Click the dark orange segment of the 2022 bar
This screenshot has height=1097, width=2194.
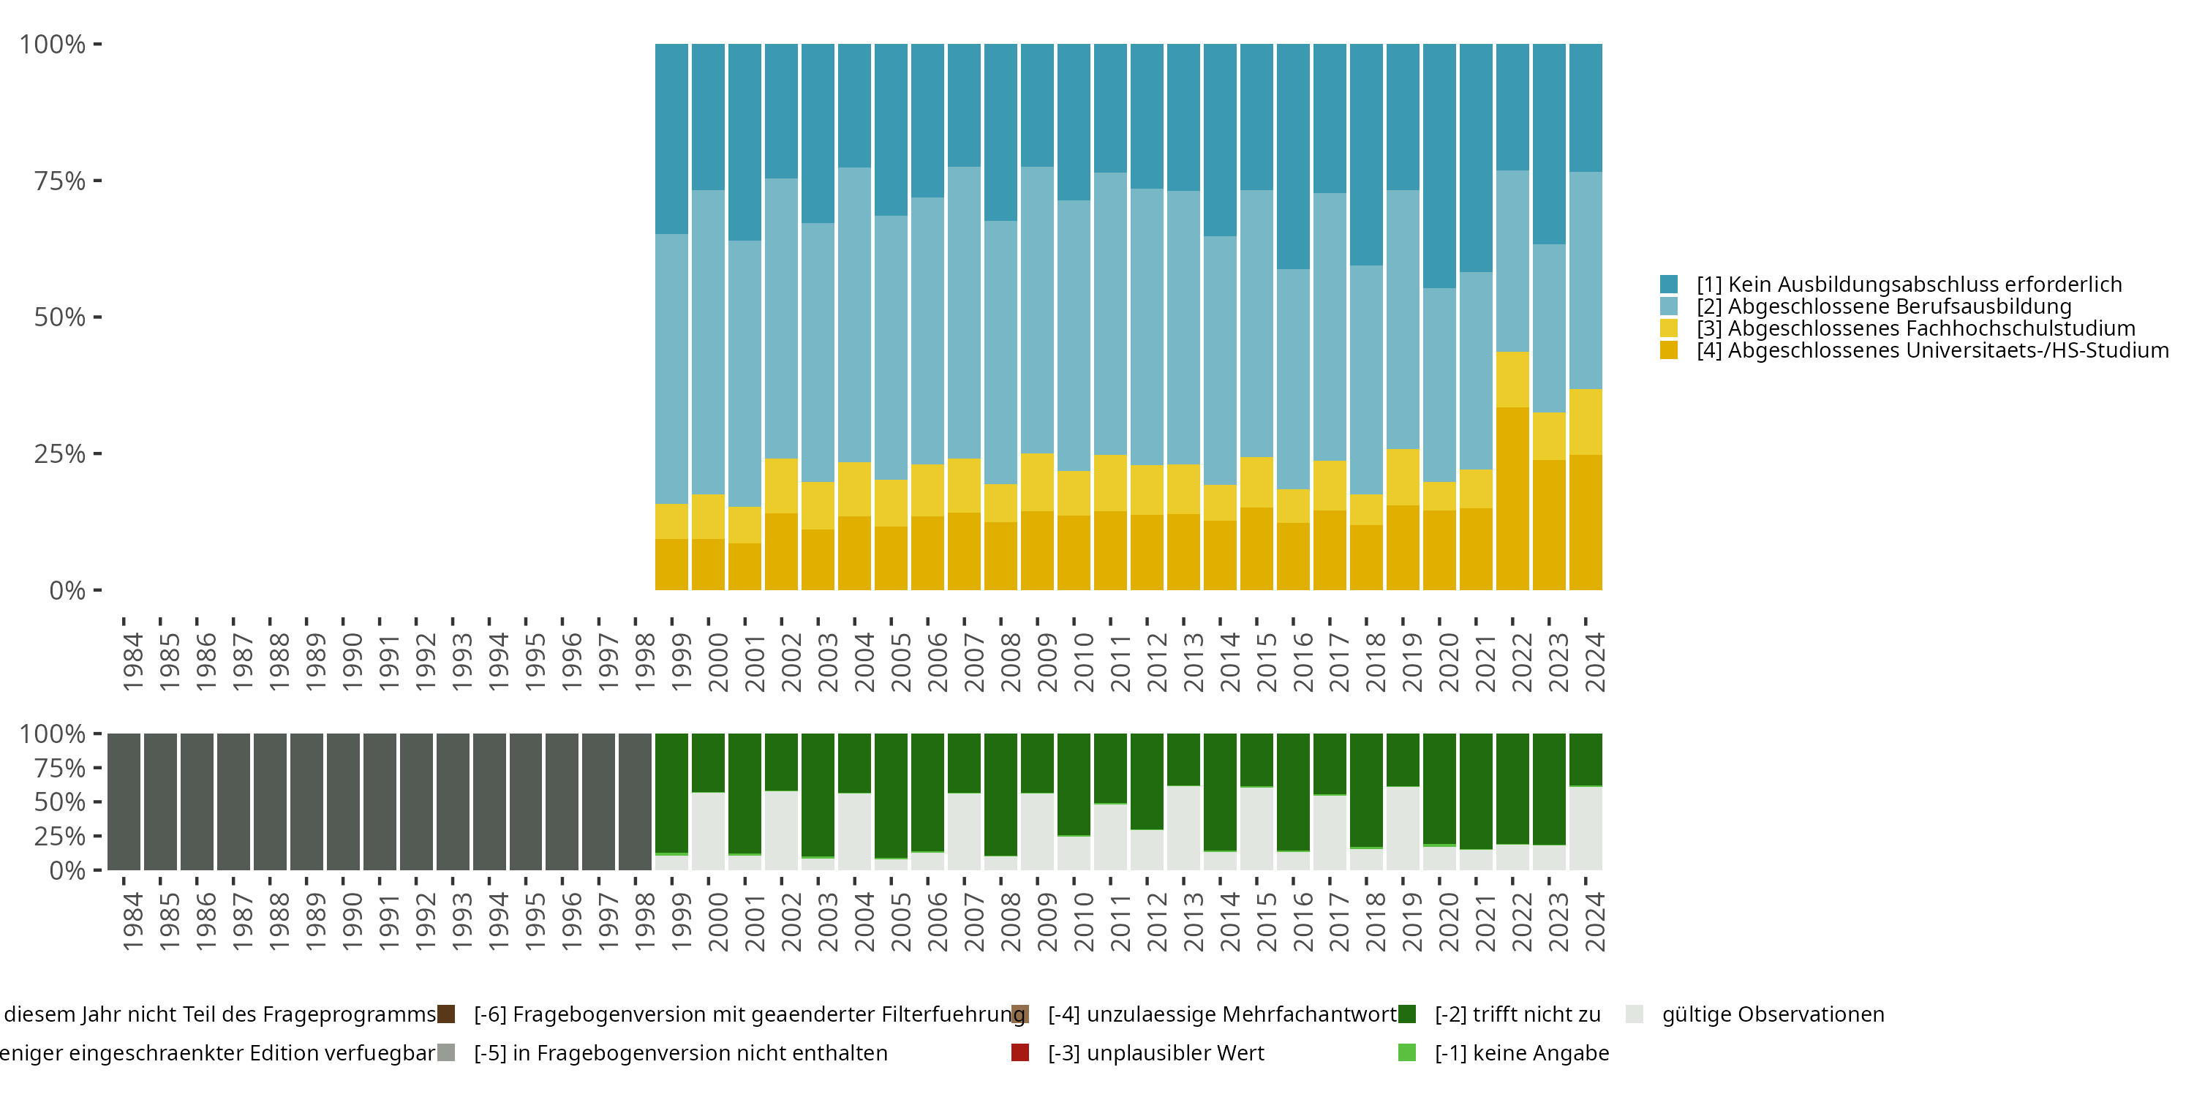[1512, 498]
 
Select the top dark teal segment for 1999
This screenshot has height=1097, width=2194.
[671, 139]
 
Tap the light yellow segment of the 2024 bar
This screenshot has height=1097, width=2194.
[1586, 421]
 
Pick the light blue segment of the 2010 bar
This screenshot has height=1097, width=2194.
[1074, 336]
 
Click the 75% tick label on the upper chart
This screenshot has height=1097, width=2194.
[60, 181]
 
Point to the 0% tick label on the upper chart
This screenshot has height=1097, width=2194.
[67, 590]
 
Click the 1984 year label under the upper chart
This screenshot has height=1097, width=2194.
[132, 662]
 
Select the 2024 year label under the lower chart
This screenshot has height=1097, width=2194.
[1594, 921]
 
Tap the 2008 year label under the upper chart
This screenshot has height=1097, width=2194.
[1009, 662]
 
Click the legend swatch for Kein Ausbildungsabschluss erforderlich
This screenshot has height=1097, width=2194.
[1668, 284]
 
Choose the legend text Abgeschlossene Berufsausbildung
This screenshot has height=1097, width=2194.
[1899, 306]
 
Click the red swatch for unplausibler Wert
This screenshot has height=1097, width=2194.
[1020, 1052]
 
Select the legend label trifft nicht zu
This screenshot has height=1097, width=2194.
[1517, 1014]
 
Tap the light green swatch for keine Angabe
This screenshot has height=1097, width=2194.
[1407, 1052]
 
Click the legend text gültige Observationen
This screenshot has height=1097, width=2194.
[1773, 1014]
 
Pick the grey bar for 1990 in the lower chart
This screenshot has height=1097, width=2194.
[343, 802]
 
